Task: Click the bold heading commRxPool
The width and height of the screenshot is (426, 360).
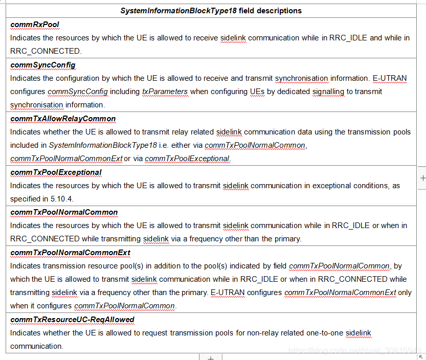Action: [x=35, y=25]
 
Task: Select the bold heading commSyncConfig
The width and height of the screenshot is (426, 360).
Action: [x=43, y=65]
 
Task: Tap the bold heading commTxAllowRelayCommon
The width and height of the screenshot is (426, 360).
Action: [x=63, y=119]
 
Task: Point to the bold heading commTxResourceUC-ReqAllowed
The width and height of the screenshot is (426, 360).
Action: [x=72, y=320]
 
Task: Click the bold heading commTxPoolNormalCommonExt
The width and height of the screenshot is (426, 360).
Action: [x=70, y=253]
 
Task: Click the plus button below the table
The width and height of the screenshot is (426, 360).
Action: [x=210, y=356]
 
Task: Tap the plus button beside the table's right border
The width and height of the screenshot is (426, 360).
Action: [x=422, y=178]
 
